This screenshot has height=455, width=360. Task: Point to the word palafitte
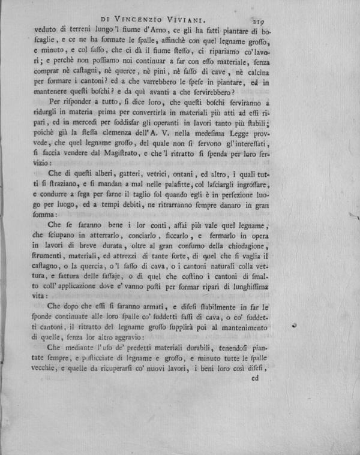point(209,184)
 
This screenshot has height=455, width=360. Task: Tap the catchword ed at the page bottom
point(254,378)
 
